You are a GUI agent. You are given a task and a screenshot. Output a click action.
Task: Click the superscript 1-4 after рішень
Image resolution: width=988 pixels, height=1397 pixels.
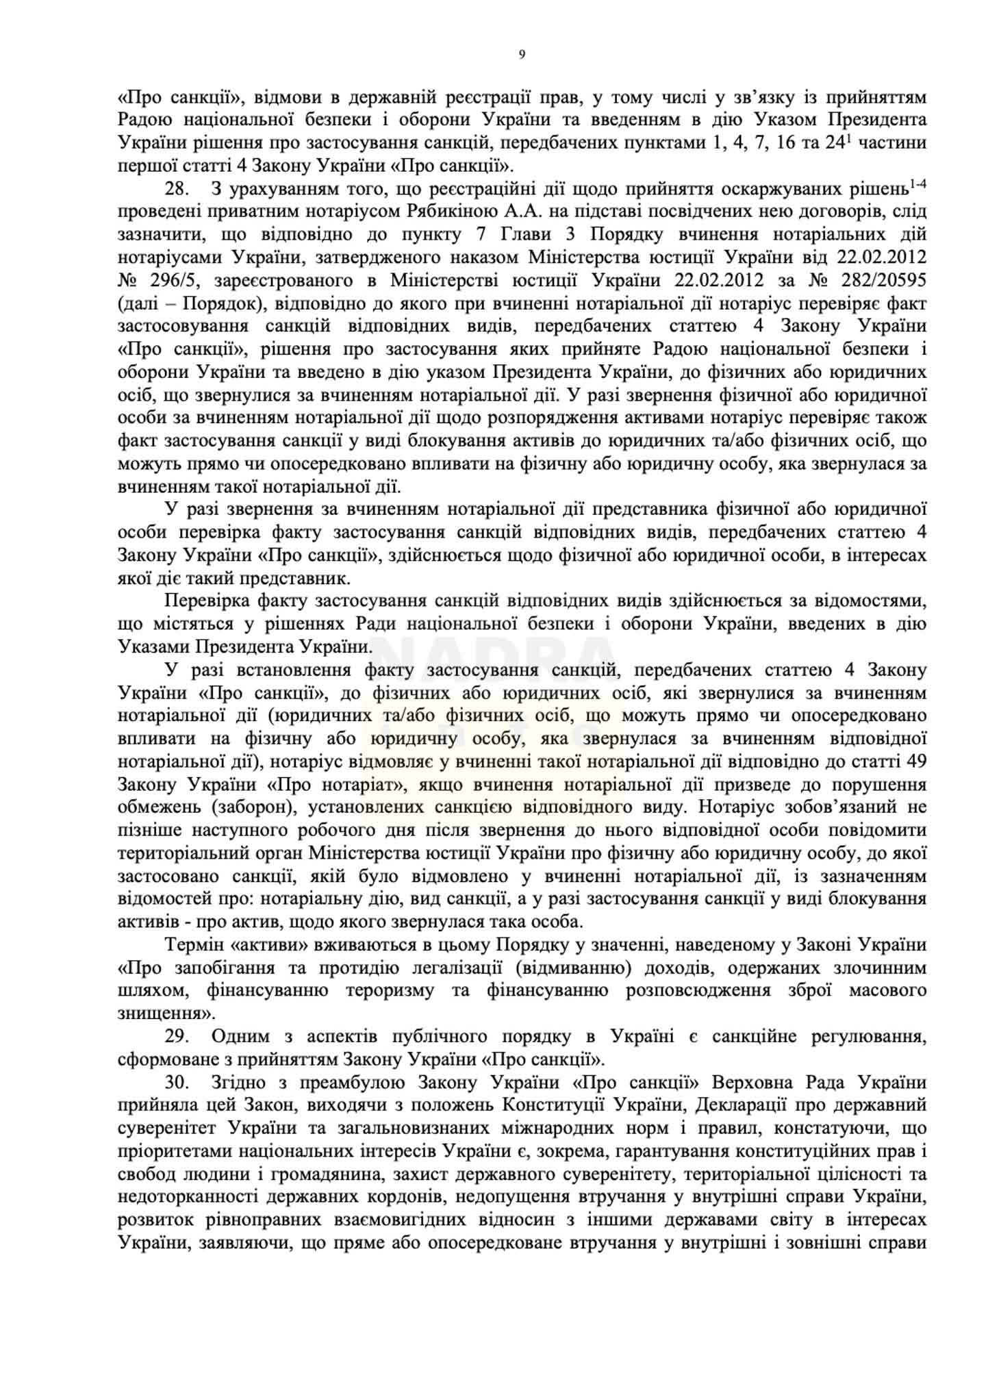click(917, 185)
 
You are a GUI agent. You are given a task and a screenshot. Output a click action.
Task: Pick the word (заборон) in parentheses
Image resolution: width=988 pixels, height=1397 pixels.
click(253, 807)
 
